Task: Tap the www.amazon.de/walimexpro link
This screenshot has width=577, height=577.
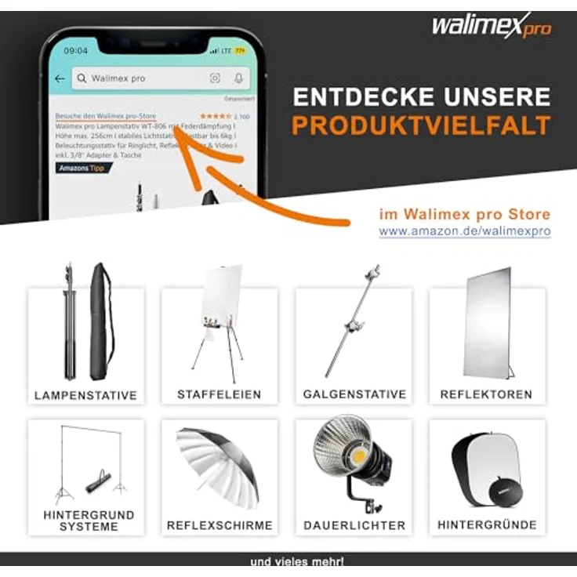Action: tap(464, 232)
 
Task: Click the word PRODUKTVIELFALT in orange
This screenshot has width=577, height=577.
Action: tap(421, 125)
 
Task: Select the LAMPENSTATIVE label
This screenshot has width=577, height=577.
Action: tap(85, 395)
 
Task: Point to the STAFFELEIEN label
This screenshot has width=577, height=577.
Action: tap(219, 394)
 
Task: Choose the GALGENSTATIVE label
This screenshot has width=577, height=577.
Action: tap(354, 394)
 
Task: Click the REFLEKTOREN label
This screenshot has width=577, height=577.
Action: tap(486, 394)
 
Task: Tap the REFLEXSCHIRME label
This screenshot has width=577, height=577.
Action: tap(220, 525)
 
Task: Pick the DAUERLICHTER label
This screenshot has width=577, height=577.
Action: tap(354, 525)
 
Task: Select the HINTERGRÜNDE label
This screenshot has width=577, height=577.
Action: tap(487, 525)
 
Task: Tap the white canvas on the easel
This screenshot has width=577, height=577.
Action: tap(222, 295)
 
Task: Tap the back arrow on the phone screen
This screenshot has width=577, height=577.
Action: tap(60, 78)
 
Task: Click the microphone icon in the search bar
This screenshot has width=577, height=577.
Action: tap(238, 78)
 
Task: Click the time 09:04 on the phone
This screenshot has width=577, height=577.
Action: tap(76, 50)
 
